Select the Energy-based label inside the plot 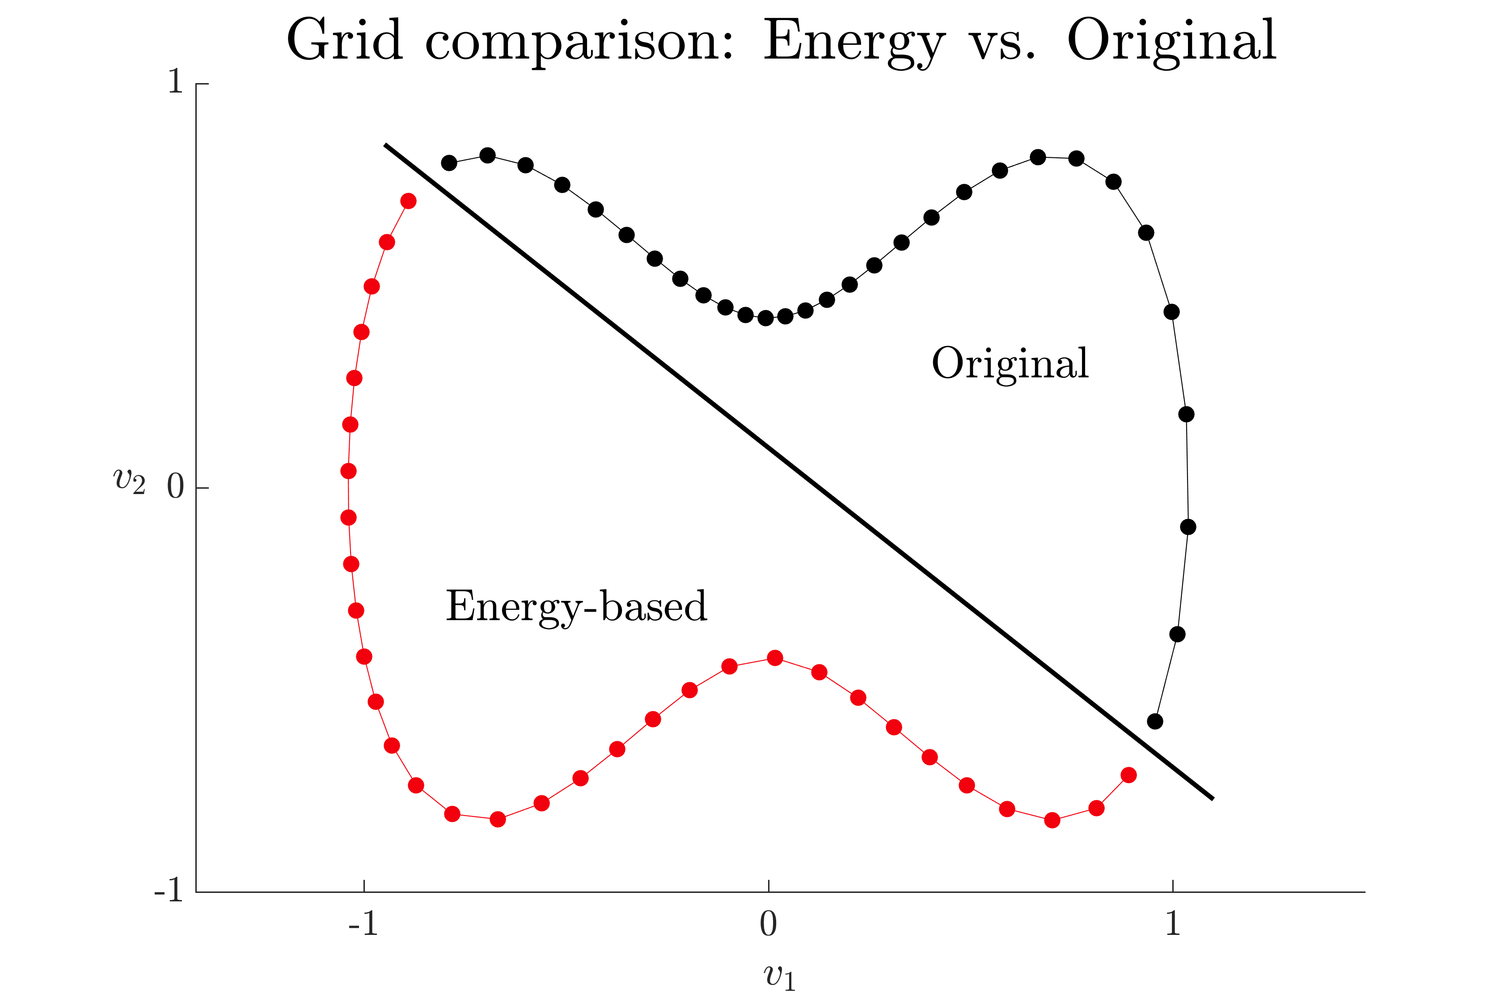coord(576,606)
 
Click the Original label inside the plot coord(1010,364)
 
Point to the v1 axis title coord(779,976)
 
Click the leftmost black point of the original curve coord(449,163)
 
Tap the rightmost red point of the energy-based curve coord(1129,775)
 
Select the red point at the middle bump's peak coord(775,658)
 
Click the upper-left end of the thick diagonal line coord(385,145)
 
